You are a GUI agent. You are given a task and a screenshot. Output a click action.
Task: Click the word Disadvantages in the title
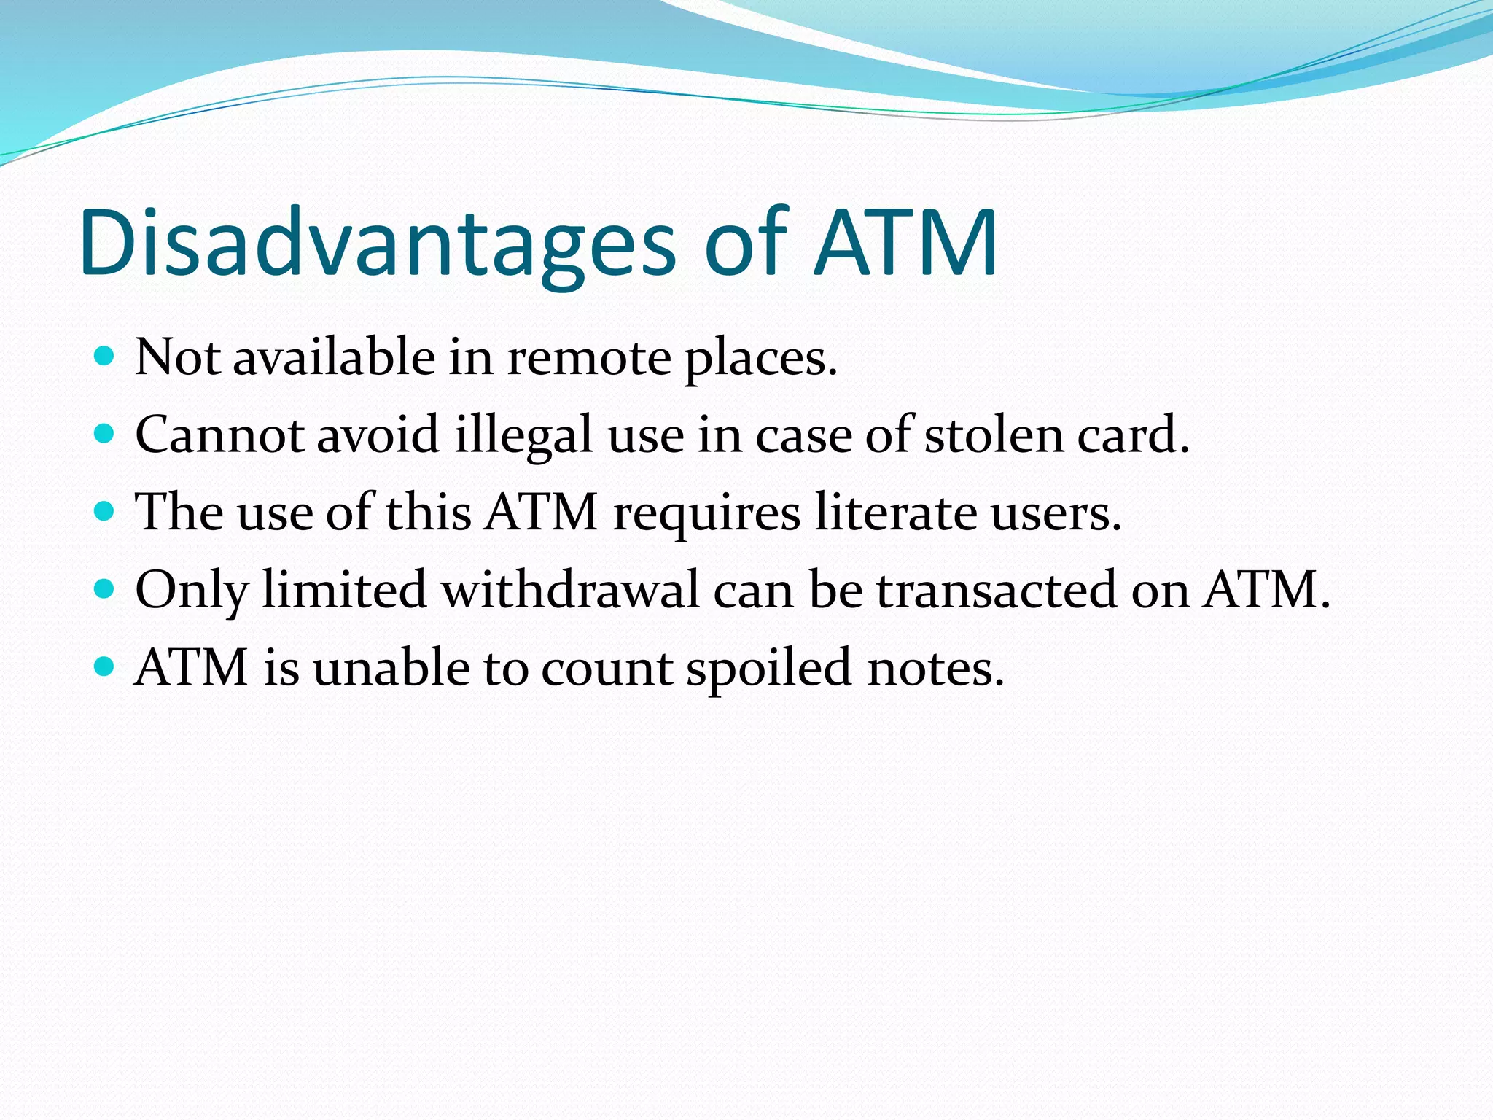[x=378, y=244]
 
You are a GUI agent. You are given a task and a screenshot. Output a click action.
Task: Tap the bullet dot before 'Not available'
[x=105, y=357]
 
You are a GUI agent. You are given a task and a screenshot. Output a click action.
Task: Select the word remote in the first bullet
[x=588, y=359]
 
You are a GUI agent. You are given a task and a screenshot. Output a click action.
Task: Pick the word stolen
[x=994, y=436]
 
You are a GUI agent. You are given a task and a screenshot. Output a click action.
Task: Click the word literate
[x=895, y=513]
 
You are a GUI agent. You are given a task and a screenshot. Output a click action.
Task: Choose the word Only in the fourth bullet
[x=192, y=591]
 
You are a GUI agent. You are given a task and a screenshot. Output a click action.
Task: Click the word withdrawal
[x=571, y=591]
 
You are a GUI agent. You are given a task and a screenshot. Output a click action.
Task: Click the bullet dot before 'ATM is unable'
[x=105, y=666]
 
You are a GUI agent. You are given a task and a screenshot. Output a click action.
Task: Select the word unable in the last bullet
[x=391, y=668]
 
